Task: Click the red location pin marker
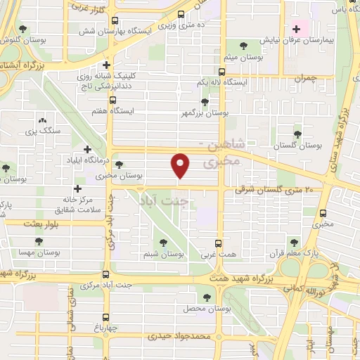(181, 165)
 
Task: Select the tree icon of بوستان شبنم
(163, 243)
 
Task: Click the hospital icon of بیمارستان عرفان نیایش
(296, 29)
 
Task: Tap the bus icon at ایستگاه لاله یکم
(222, 72)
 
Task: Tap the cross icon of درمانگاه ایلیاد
(87, 149)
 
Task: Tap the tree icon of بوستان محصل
(206, 298)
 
